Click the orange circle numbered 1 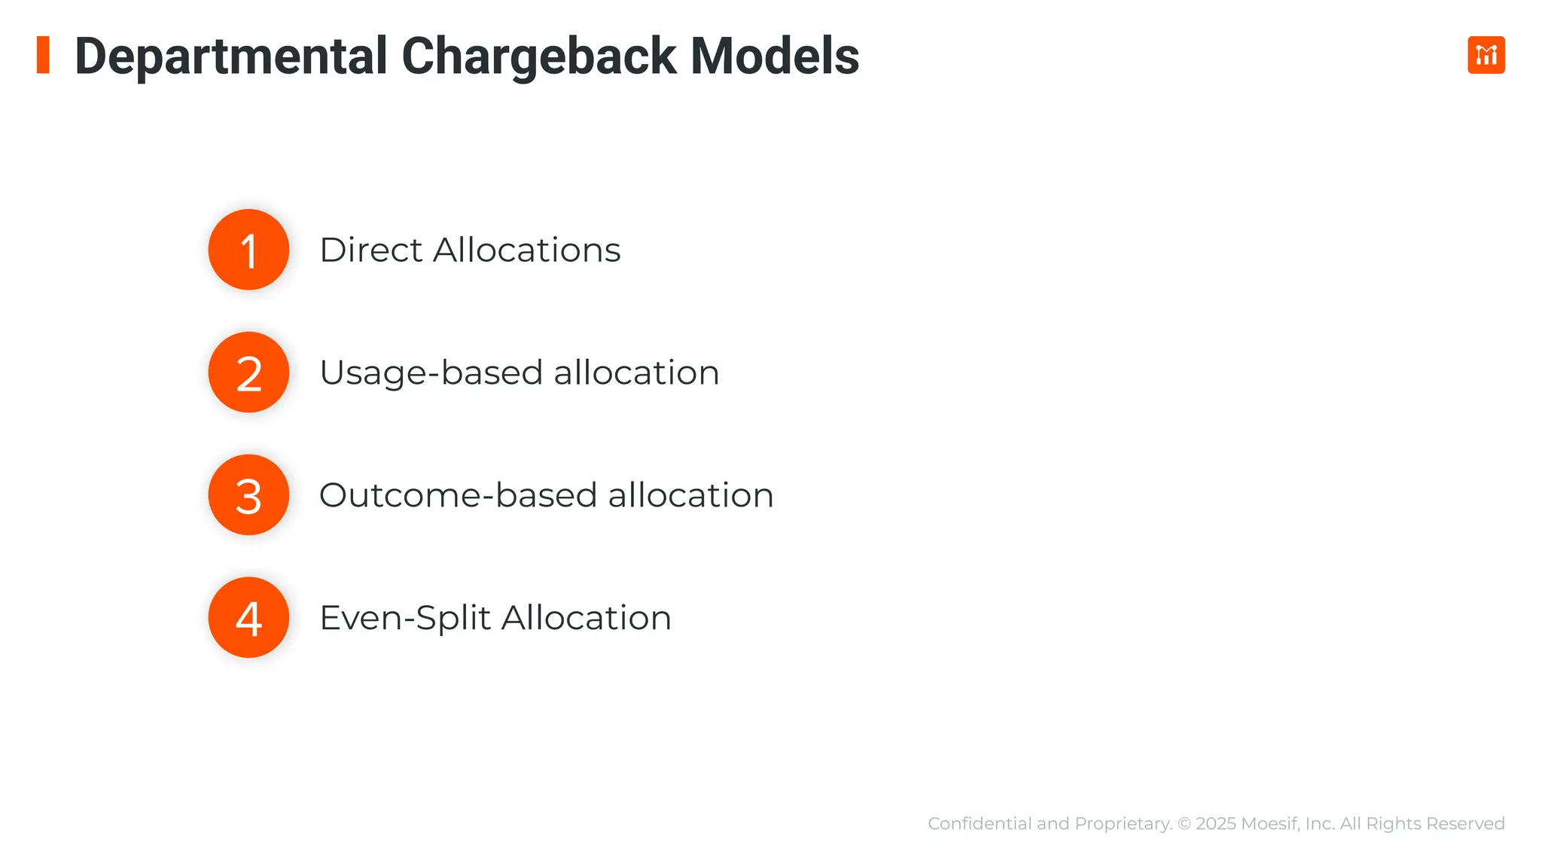click(248, 250)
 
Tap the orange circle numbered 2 click(248, 373)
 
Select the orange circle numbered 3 click(248, 495)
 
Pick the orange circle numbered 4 click(248, 618)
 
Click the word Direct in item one click(370, 250)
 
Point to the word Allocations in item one click(526, 250)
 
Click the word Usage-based click(431, 373)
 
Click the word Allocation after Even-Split click(586, 618)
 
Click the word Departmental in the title click(231, 56)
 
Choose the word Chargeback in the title click(539, 56)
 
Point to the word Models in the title click(774, 56)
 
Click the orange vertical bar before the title click(43, 55)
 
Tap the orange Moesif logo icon click(1486, 55)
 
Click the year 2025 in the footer click(1215, 823)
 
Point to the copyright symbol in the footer click(1184, 823)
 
